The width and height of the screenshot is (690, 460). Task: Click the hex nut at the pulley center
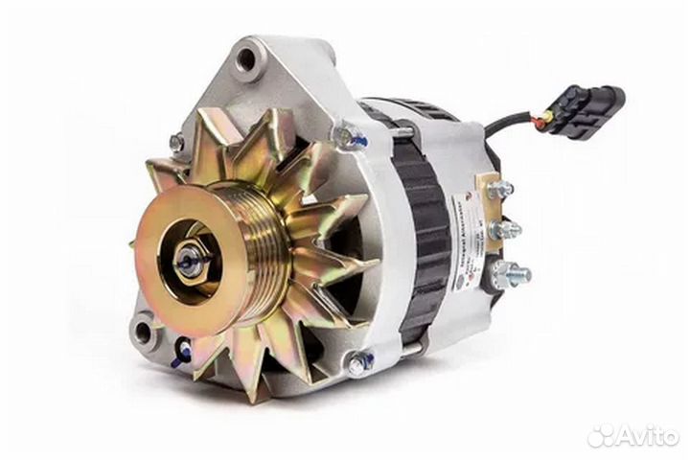pyautogui.click(x=191, y=260)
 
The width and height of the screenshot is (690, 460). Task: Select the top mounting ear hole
pyautogui.click(x=246, y=59)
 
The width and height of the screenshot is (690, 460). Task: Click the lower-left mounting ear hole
pyautogui.click(x=143, y=333)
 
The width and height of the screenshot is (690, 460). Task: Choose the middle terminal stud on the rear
pyautogui.click(x=506, y=229)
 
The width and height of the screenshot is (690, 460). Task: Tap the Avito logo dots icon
pyautogui.click(x=601, y=436)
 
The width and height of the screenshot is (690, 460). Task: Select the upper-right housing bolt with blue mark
pyautogui.click(x=350, y=137)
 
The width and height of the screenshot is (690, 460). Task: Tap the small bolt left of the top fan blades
pyautogui.click(x=176, y=143)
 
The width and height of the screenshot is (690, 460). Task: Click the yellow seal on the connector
pyautogui.click(x=546, y=120)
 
